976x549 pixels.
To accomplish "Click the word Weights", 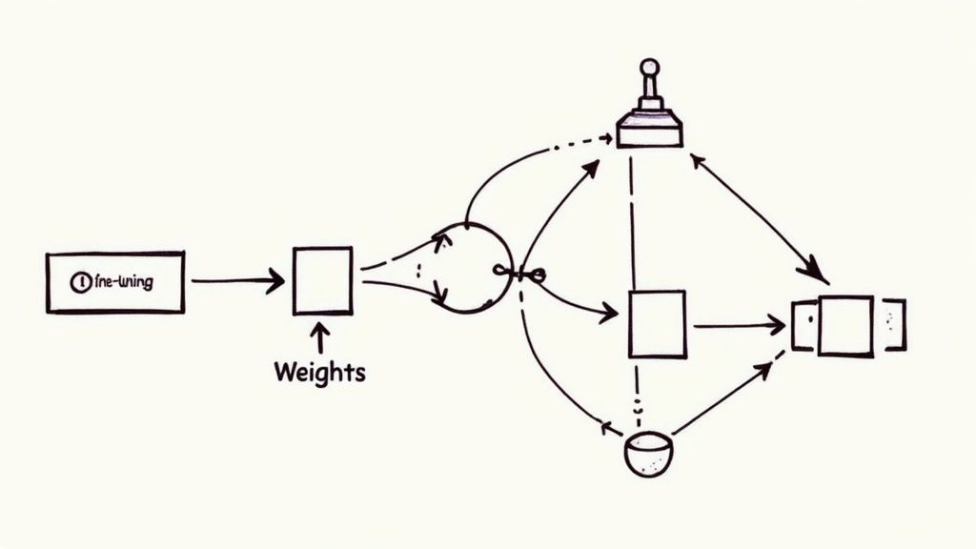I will pyautogui.click(x=319, y=372).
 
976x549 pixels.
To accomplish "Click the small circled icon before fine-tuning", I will pyautogui.click(x=81, y=282).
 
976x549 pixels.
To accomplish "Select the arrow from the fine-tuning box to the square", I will pyautogui.click(x=238, y=280).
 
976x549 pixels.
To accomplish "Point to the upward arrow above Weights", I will pyautogui.click(x=320, y=337).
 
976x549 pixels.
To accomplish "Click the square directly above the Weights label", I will pyautogui.click(x=323, y=280).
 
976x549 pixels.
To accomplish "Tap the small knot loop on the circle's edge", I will pyautogui.click(x=535, y=275).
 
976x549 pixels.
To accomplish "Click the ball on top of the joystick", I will pyautogui.click(x=649, y=68).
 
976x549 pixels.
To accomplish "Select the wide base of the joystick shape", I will pyautogui.click(x=650, y=130).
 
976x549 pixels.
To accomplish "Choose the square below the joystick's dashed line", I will pyautogui.click(x=658, y=324).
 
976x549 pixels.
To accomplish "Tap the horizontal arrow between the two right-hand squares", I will pyautogui.click(x=739, y=326).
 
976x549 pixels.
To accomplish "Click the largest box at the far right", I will pyautogui.click(x=845, y=326).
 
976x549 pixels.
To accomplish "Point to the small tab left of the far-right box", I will pyautogui.click(x=803, y=326).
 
